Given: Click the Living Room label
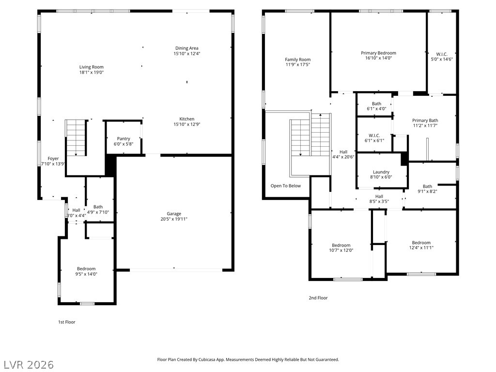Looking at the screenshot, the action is [x=92, y=67].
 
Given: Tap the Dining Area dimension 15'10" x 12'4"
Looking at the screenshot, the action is [x=186, y=53].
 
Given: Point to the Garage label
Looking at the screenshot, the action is [x=174, y=214].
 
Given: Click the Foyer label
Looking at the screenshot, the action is [x=53, y=158].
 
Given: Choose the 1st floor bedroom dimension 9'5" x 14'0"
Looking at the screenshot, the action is [x=86, y=274].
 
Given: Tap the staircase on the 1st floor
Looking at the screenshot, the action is [x=76, y=138].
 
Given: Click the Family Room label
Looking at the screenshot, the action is [x=298, y=60].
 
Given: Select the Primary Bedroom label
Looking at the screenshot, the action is [x=378, y=53].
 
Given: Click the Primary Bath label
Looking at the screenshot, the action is [x=425, y=120].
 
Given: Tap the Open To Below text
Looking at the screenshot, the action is [x=286, y=186].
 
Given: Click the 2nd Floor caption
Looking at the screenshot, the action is [x=318, y=298].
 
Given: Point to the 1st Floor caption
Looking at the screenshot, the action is [x=66, y=322].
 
